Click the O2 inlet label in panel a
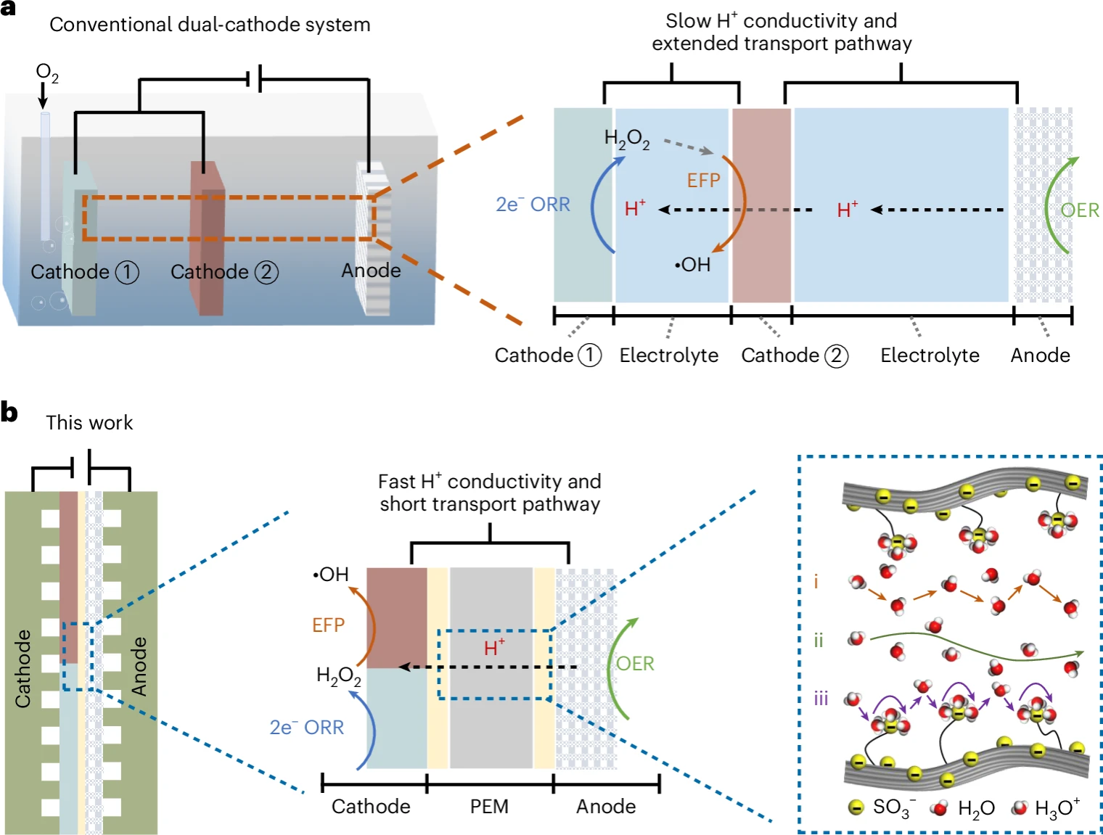(46, 73)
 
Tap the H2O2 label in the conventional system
(627, 138)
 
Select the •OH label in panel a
(692, 265)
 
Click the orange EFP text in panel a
(703, 180)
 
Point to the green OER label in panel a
(1080, 210)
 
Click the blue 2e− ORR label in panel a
(533, 205)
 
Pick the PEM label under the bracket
(489, 807)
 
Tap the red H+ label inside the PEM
(494, 647)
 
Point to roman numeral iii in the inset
(821, 699)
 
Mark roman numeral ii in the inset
(819, 641)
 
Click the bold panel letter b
(9, 412)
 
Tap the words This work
(89, 423)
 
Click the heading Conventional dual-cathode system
(210, 25)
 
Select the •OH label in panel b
(330, 575)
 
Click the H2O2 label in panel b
(338, 676)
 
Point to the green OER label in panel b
(635, 664)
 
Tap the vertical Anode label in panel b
(139, 666)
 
